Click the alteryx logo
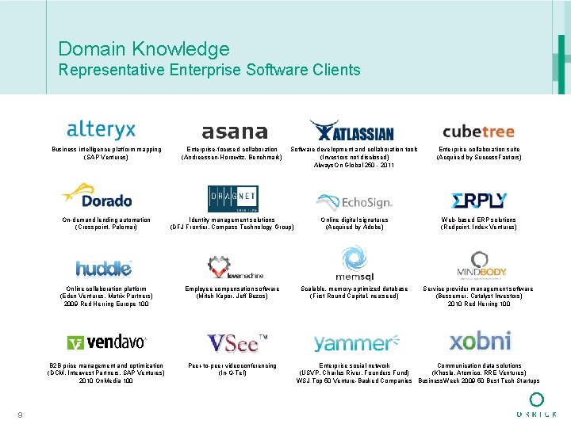[101, 129]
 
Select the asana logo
[234, 132]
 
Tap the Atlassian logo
[351, 130]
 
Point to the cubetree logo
[478, 132]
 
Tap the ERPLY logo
[478, 201]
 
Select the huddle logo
[103, 268]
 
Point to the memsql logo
[353, 264]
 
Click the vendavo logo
[107, 342]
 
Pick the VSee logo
[236, 342]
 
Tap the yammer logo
[351, 343]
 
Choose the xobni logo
[480, 341]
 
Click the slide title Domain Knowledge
[144, 49]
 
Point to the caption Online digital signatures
[354, 220]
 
